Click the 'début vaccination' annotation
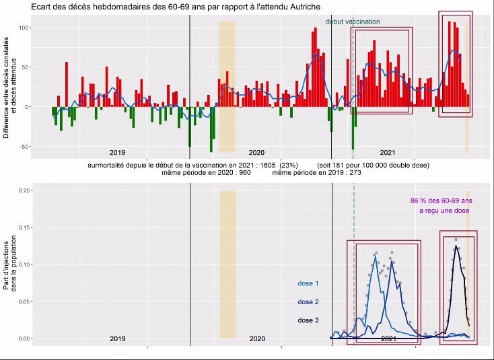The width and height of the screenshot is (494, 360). click(353, 22)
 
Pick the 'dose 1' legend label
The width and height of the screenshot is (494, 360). click(308, 284)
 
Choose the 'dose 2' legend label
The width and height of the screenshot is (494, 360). click(308, 302)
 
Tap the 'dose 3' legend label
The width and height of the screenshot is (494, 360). click(308, 320)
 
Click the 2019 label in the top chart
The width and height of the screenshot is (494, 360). click(117, 152)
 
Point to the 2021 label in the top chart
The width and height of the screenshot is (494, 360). click(387, 152)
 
